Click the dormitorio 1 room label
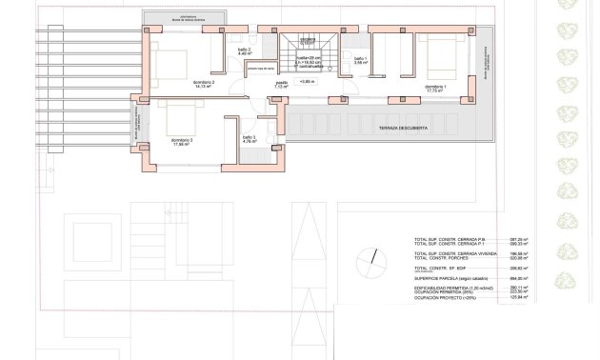pyautogui.click(x=435, y=87)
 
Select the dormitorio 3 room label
pyautogui.click(x=182, y=140)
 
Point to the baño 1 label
pyautogui.click(x=360, y=60)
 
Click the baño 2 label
pyautogui.click(x=244, y=50)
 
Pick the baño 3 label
pyautogui.click(x=249, y=138)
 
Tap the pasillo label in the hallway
pyautogui.click(x=282, y=84)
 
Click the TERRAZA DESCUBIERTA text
pyautogui.click(x=403, y=127)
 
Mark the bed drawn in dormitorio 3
pyautogui.click(x=182, y=119)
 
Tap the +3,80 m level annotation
pyautogui.click(x=307, y=83)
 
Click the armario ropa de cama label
pyautogui.click(x=261, y=70)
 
